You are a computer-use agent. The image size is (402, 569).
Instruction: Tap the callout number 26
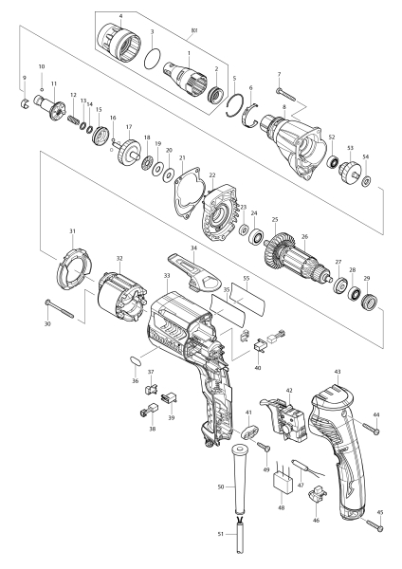[x=304, y=237]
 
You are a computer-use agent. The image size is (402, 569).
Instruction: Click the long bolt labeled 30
[x=60, y=308]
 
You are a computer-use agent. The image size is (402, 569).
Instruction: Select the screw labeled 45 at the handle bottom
[x=375, y=525]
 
